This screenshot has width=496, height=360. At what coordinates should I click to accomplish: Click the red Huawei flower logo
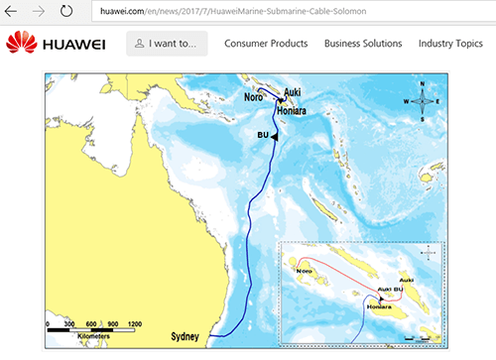tap(23, 44)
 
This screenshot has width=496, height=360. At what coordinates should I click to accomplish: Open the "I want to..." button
tap(168, 44)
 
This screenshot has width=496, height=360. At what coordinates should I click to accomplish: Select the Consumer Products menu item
tap(266, 44)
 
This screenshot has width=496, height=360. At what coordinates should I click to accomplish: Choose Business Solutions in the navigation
tap(362, 44)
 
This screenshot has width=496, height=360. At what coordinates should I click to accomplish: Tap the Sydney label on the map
tap(186, 335)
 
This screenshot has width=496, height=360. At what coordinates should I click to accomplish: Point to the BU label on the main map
tap(263, 134)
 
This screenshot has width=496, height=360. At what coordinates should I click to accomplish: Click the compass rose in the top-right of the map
tap(422, 100)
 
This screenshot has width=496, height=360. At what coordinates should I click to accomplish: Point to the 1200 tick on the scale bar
tap(134, 324)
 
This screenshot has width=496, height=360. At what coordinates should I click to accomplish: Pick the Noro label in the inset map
tap(306, 269)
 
